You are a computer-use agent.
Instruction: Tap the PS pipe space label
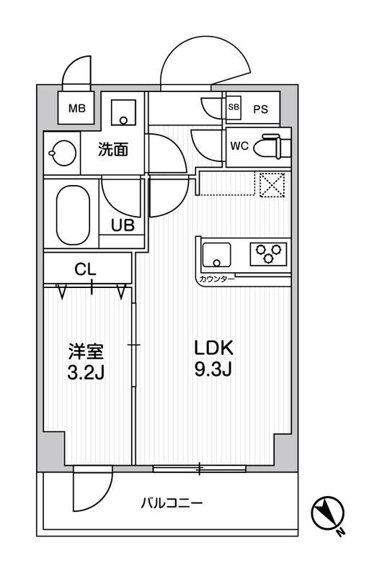click(260, 109)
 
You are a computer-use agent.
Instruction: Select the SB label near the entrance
click(233, 108)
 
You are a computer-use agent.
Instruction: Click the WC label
click(239, 145)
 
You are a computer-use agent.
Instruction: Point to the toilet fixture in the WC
click(275, 145)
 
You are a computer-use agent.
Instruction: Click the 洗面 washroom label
click(113, 150)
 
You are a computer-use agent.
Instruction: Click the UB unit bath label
click(122, 225)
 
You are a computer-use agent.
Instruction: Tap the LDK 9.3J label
click(213, 359)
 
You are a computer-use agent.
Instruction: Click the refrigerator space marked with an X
click(272, 184)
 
